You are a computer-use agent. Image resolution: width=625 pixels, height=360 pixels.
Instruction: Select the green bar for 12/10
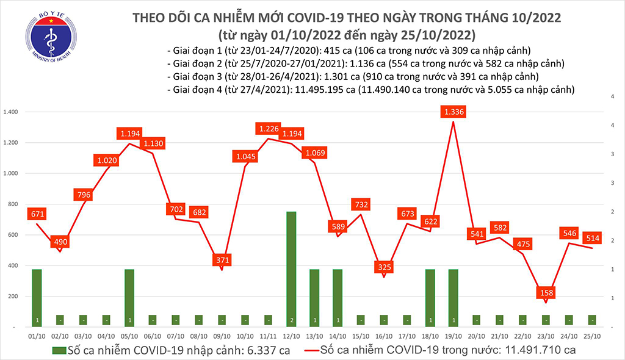click(x=291, y=269)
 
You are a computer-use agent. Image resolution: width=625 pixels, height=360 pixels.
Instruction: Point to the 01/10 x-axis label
click(x=37, y=335)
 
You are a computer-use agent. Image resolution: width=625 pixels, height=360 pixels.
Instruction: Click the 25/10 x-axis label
click(x=591, y=335)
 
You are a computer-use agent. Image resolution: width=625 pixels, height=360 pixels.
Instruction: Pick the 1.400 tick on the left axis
click(x=12, y=112)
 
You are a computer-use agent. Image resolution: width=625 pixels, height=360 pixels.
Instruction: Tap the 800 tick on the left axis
click(x=15, y=204)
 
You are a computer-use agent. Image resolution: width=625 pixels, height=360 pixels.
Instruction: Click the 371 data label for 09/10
click(x=222, y=259)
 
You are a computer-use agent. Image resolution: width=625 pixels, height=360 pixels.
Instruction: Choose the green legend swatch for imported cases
click(x=60, y=350)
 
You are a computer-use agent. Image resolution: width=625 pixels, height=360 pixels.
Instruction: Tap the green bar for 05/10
click(x=129, y=298)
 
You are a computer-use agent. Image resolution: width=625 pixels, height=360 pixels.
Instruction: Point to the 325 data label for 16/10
click(x=383, y=267)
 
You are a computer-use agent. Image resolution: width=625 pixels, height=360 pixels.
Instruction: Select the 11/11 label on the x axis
click(x=267, y=335)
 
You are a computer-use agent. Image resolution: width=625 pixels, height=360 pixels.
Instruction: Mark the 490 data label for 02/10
click(x=60, y=241)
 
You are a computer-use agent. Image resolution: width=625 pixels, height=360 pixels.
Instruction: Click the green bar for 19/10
click(x=453, y=298)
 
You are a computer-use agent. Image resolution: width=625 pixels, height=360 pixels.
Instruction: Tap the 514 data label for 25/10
click(x=591, y=237)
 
